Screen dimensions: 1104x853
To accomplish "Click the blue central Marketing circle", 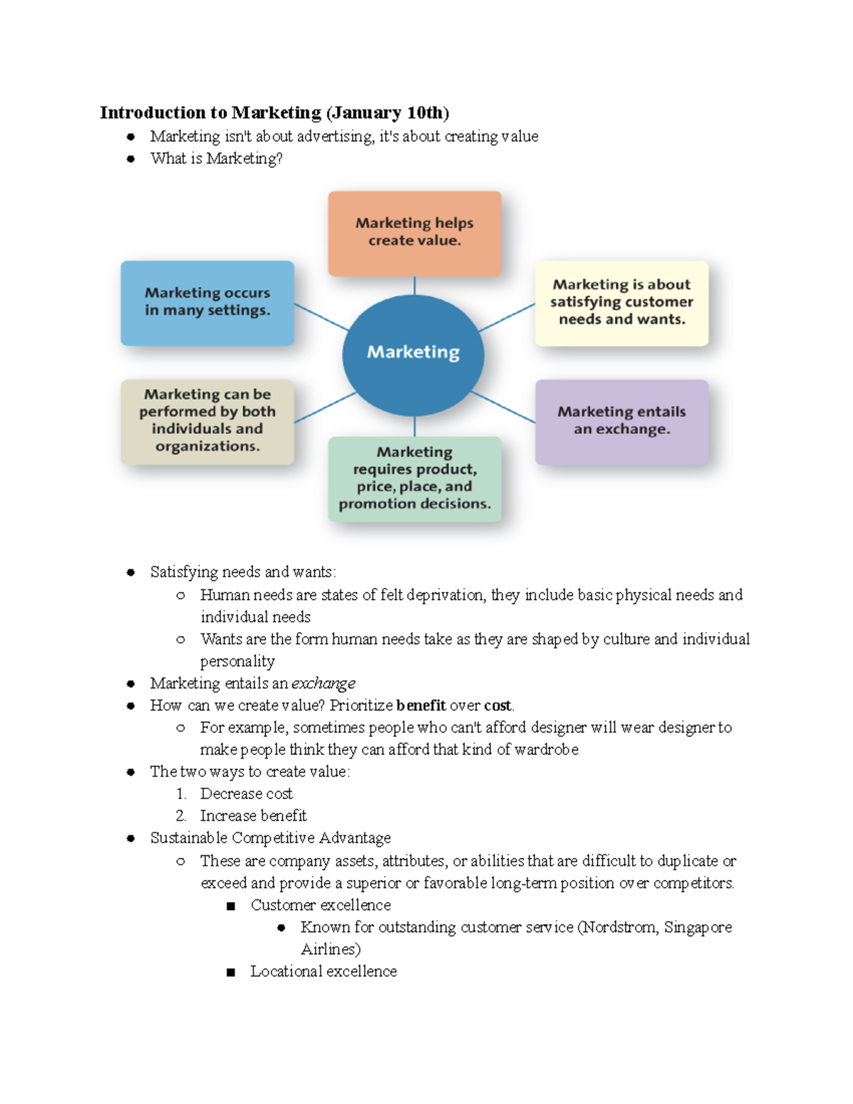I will [x=413, y=355].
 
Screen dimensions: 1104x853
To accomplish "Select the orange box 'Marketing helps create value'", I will [x=414, y=232].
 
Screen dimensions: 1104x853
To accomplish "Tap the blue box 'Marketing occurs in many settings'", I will [x=208, y=302].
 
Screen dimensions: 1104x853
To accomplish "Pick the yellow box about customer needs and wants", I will [x=621, y=303].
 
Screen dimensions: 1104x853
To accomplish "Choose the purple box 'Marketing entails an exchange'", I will [x=621, y=421].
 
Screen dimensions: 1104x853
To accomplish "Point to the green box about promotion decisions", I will [x=414, y=478].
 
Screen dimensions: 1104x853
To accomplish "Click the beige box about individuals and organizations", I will [x=208, y=421].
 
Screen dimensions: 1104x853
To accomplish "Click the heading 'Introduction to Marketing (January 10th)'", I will [x=274, y=113].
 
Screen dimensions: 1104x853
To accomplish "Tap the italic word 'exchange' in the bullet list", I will [x=323, y=684].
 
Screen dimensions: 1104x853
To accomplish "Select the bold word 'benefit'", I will [x=421, y=706].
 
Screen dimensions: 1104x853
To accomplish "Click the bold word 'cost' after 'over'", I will [x=498, y=706].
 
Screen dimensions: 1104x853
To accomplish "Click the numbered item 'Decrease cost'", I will [x=246, y=794].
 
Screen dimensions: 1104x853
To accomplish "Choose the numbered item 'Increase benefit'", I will [x=253, y=816].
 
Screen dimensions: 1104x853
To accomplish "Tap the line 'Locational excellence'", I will [x=323, y=972].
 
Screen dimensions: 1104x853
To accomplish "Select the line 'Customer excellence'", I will [x=321, y=906].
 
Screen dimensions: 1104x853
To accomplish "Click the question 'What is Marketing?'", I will [x=216, y=159].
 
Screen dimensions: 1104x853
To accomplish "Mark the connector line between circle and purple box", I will [x=503, y=407].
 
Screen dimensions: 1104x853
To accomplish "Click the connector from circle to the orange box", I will [x=414, y=286].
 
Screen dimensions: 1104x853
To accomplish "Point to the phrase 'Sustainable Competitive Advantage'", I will [x=270, y=839].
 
